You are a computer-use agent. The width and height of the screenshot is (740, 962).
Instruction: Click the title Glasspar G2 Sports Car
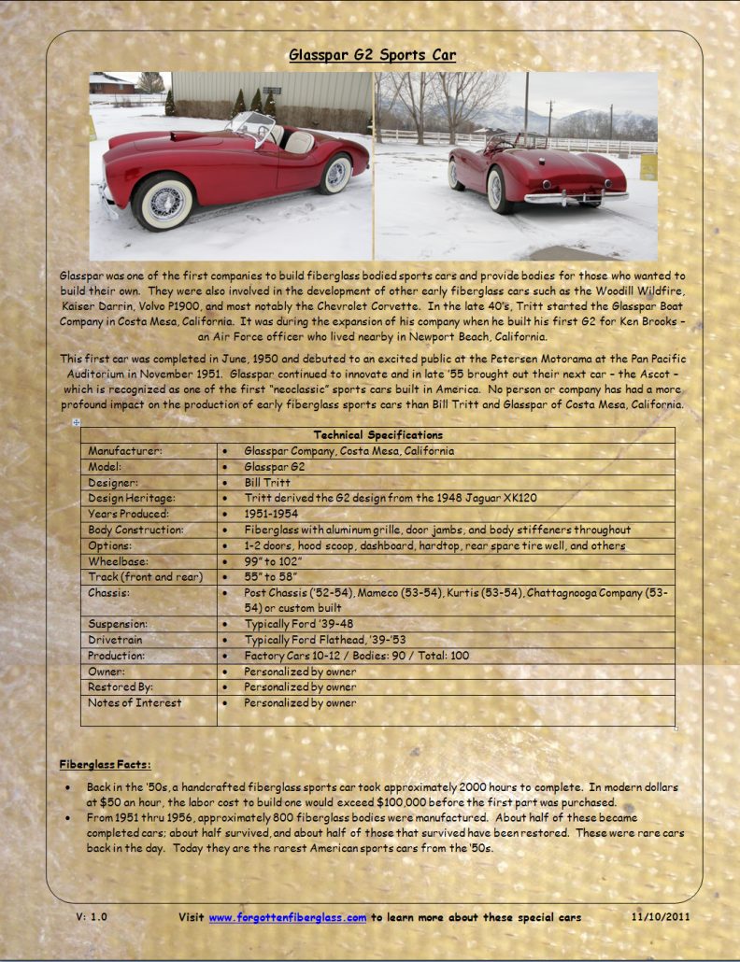tap(372, 55)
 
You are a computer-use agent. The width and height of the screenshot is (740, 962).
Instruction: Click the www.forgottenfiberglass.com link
tap(287, 917)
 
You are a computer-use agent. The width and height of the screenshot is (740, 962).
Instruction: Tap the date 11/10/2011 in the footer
tap(661, 917)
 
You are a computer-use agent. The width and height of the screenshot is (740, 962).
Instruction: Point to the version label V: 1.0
tap(92, 917)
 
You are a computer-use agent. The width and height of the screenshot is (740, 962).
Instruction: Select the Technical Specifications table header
tap(377, 435)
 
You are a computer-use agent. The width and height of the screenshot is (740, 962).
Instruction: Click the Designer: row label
tap(113, 483)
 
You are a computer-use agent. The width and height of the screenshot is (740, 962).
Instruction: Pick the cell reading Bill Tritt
tap(265, 483)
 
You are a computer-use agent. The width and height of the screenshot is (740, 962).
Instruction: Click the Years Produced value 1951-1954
tap(272, 515)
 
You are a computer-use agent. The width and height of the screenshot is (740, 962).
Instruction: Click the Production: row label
tap(117, 656)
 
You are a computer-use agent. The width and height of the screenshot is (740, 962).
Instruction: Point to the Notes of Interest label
tap(135, 702)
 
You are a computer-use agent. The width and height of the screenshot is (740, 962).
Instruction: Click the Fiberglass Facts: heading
tap(105, 765)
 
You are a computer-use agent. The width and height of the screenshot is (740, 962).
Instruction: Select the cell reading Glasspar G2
tap(275, 467)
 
